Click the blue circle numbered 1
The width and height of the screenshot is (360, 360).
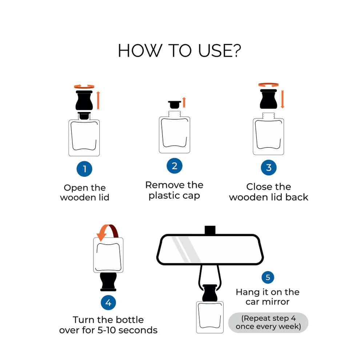[84, 169]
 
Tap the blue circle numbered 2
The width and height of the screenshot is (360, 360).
[175, 166]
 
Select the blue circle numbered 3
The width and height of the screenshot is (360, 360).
[269, 167]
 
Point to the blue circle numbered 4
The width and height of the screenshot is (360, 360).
[108, 303]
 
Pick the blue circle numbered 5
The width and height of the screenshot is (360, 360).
[268, 277]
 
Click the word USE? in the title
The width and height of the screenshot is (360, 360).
[220, 51]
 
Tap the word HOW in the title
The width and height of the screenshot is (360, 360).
[140, 51]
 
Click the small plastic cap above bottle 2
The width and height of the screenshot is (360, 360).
[175, 105]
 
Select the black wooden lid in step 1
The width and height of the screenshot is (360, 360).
[84, 100]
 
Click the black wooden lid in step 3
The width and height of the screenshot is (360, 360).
[268, 99]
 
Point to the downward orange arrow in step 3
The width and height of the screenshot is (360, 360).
[283, 99]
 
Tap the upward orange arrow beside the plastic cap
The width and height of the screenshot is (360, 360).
[184, 103]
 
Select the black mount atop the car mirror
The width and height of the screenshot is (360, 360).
[210, 230]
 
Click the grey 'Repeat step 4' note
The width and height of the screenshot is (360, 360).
[268, 323]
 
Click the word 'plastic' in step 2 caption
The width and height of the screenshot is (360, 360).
[164, 196]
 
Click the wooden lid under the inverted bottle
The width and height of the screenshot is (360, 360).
[108, 282]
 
